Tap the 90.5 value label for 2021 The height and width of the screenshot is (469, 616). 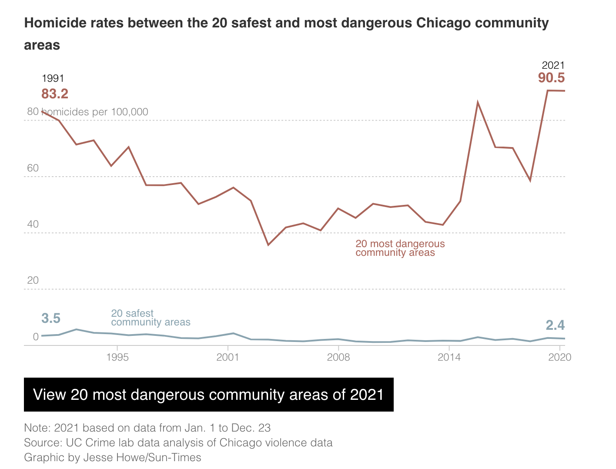coord(551,78)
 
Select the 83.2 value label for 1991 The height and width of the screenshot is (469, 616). coord(55,94)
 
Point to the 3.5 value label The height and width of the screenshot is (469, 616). coord(51,318)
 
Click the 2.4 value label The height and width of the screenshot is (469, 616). coord(555,325)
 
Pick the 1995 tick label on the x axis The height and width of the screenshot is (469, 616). coord(117,357)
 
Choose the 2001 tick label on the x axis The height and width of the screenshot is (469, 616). coord(228,357)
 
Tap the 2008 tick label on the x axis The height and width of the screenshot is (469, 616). coord(338,357)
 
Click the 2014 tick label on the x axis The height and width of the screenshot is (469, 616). coord(449,357)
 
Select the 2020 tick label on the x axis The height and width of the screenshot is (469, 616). coord(559,357)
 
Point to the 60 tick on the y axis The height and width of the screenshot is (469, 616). coord(33,168)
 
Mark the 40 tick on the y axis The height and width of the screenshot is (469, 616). coord(33,224)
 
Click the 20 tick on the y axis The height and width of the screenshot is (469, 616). coord(33,280)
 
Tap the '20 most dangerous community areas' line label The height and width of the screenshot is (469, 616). coord(400,248)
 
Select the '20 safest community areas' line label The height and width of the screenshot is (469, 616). coord(151,318)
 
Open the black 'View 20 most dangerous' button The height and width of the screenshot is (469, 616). coord(209,395)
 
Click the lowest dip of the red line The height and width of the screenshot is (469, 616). coord(268,245)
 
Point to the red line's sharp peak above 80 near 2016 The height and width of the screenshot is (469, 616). coord(478,103)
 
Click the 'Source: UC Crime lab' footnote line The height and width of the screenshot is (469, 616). coord(178,443)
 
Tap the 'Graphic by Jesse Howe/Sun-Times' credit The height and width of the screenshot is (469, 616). coord(113,458)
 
